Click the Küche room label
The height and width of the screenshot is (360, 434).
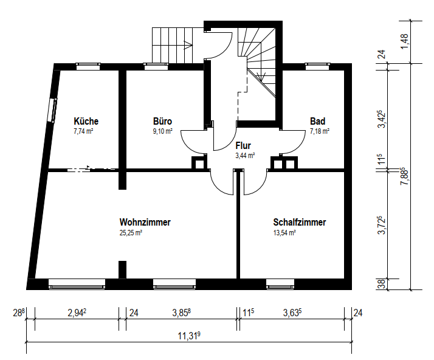click(86, 121)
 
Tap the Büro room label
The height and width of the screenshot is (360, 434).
click(162, 121)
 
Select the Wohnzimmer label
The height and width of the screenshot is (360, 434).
click(145, 222)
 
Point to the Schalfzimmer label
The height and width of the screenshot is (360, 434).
click(300, 222)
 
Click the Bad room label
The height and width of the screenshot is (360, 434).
click(317, 121)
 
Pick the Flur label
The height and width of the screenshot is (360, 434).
click(243, 146)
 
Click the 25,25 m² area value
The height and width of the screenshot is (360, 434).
click(131, 233)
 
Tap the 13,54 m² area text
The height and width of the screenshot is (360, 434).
click(284, 233)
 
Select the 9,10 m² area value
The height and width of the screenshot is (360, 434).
click(163, 131)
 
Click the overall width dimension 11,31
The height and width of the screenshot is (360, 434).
click(189, 336)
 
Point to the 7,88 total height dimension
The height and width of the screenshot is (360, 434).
click(404, 176)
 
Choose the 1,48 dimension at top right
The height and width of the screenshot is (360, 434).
click(404, 41)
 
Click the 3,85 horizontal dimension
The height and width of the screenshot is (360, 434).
click(182, 313)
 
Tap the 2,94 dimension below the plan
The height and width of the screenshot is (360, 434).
click(77, 313)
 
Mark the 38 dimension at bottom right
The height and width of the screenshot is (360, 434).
click(381, 285)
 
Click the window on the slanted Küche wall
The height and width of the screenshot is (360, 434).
click(53, 110)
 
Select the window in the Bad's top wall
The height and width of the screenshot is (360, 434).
click(317, 66)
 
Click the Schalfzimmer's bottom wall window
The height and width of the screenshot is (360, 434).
click(280, 284)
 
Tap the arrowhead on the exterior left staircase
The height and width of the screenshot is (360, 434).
click(188, 44)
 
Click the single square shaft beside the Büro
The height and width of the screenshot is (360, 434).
click(199, 163)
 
